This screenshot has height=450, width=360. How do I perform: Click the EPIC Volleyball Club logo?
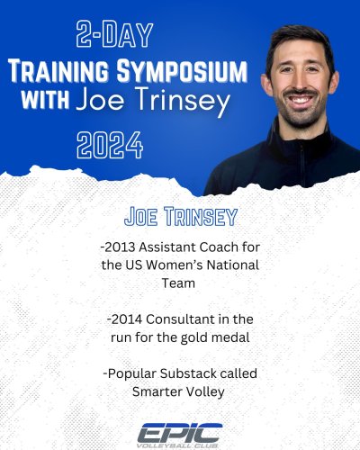pos(180,431)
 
